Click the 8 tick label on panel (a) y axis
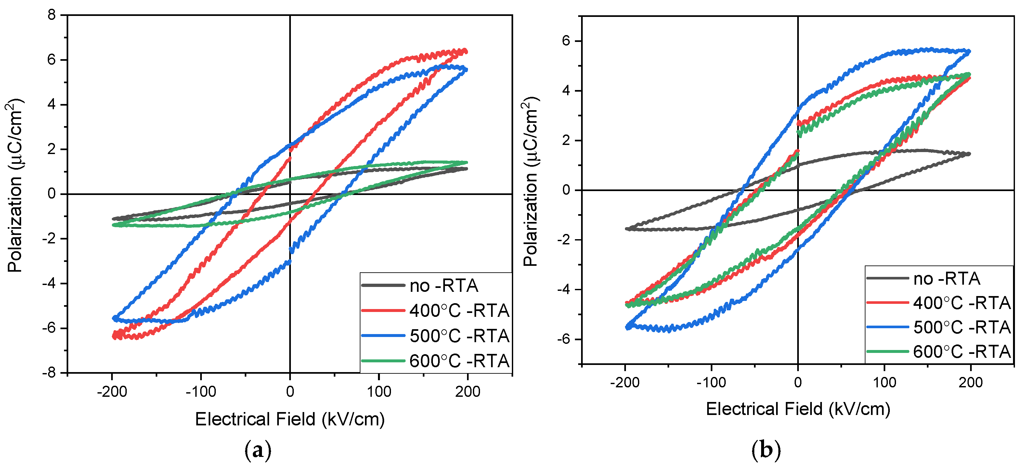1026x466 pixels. (x=51, y=15)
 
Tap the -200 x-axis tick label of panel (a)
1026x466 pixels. (x=112, y=392)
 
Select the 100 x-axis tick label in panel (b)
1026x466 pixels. (x=884, y=382)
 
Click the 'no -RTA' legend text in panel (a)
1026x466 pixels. (x=444, y=286)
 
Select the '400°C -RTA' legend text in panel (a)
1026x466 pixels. (x=459, y=311)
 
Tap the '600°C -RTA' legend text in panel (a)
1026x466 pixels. (x=459, y=361)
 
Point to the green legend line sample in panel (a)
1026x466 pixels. (x=383, y=361)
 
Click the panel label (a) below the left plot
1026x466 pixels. (x=258, y=450)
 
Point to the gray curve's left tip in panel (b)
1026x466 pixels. (x=627, y=229)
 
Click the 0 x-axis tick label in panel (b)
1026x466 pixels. (x=798, y=382)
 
